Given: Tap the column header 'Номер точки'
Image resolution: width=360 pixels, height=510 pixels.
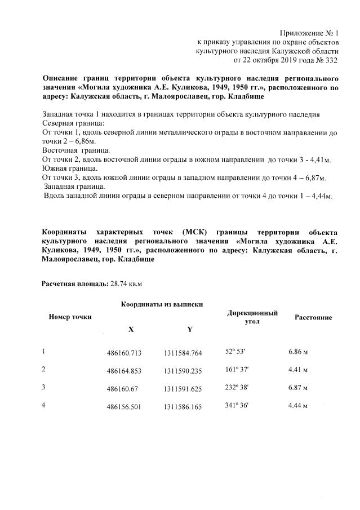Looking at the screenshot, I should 70,317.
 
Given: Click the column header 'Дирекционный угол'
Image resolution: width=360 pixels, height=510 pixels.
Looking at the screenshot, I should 252,317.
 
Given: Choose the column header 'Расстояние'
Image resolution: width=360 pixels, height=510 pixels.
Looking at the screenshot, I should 313,317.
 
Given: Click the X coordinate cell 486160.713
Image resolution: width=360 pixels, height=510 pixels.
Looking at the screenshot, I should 123,353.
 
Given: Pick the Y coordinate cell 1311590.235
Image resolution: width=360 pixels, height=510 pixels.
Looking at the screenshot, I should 183,371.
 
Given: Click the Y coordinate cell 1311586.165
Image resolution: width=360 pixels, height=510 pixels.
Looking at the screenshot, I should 183,406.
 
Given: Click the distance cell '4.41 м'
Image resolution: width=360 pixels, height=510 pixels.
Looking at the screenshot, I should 297,370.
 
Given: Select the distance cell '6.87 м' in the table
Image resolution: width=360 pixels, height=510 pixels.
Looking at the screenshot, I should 297,388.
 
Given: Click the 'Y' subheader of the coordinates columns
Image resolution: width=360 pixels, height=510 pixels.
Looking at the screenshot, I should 189,329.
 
